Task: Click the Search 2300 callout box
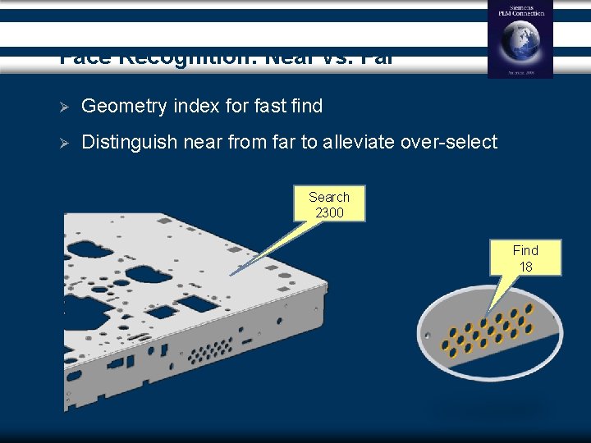329,205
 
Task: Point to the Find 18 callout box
525,258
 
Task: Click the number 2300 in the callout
329,213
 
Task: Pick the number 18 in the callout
525,267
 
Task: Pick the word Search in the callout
329,197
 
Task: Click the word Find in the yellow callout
525,250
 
